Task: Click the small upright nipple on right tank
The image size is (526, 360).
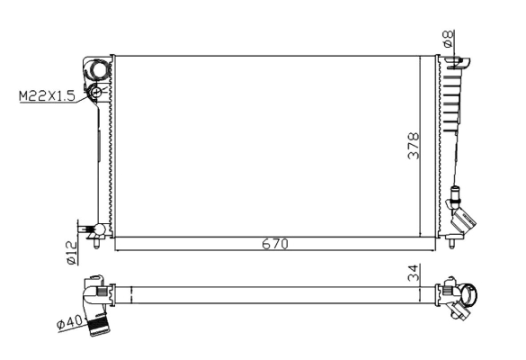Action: coord(456,193)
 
